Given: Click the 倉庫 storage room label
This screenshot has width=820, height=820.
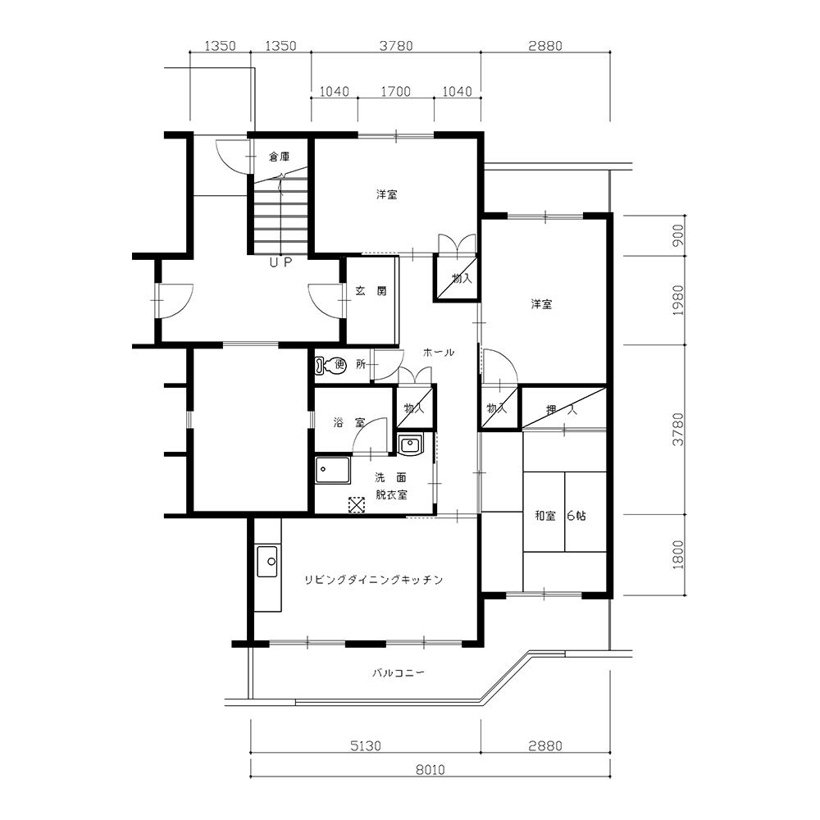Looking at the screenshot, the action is point(280,157).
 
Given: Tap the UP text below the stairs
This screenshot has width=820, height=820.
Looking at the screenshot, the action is point(280,262).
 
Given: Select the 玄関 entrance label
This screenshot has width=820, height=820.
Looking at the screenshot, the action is point(371,291).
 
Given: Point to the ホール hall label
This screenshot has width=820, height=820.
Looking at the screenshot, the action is point(438,353).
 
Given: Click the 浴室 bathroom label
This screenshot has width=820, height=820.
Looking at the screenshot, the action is point(349,422).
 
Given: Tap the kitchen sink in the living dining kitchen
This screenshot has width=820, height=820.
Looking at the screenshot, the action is point(267,562).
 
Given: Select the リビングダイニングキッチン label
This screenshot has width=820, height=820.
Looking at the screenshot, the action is point(373,580).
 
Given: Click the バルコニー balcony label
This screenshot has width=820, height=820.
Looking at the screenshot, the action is point(398,672).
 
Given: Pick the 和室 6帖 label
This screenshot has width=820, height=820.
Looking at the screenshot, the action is point(560,516).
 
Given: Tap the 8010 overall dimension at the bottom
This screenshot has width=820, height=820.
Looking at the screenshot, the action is point(430,770).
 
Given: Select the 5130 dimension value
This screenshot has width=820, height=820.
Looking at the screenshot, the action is point(366,745).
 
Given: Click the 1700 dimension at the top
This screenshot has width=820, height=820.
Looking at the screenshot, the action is point(395,92).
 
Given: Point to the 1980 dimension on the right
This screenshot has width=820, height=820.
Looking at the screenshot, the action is point(678,300).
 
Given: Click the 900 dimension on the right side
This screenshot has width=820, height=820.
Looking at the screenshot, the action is point(678,235).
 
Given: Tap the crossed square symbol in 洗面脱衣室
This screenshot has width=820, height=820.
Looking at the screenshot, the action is point(357,504).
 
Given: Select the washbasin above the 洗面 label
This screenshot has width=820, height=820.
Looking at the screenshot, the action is point(409,444).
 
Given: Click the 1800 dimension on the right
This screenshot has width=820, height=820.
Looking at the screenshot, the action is point(678,555).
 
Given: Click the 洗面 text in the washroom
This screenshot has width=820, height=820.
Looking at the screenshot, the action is point(390,477).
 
